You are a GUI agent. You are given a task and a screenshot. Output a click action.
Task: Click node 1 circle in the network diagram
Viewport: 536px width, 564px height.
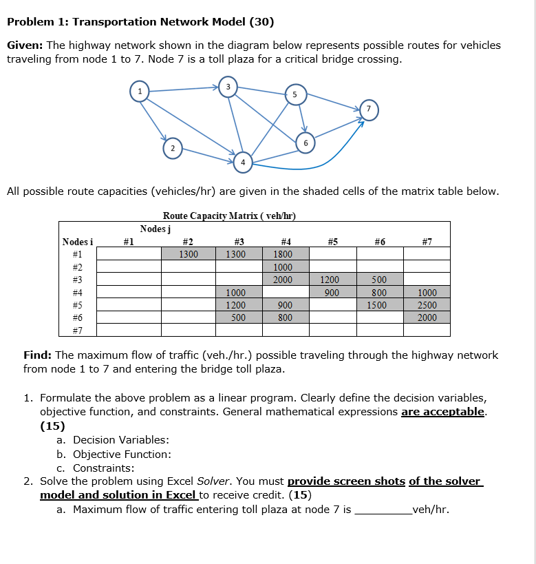140,91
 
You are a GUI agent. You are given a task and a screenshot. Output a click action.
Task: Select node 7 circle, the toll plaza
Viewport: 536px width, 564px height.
369,109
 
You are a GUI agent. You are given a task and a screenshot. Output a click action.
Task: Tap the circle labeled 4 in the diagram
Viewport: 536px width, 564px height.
242,163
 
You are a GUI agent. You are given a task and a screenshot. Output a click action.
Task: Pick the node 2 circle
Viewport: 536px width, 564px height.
173,148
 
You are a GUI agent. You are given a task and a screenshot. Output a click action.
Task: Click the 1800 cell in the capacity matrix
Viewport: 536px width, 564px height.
283,254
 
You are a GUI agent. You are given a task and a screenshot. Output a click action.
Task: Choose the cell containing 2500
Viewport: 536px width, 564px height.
427,305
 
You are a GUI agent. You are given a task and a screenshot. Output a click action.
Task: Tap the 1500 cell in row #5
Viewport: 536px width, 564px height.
380,305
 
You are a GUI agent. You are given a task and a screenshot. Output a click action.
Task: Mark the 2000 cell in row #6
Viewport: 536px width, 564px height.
427,317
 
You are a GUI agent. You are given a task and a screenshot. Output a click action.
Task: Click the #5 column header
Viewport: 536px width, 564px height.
332,241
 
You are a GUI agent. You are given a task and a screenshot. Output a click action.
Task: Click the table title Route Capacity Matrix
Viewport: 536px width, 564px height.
229,216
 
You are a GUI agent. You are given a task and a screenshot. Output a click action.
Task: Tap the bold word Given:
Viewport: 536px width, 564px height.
25,45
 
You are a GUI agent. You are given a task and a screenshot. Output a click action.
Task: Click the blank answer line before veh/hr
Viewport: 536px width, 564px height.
382,510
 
